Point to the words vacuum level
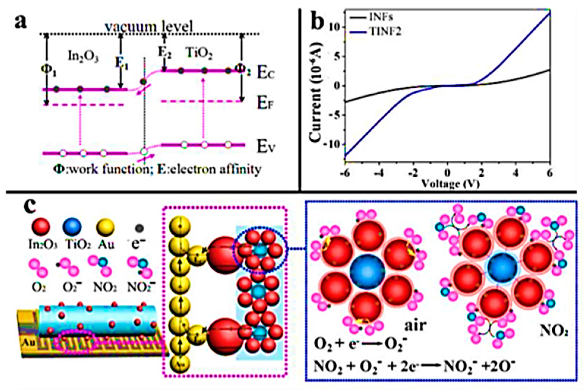pyautogui.click(x=149, y=27)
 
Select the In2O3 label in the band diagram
pyautogui.click(x=83, y=56)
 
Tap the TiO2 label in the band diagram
pyautogui.click(x=200, y=53)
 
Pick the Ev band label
pyautogui.click(x=265, y=147)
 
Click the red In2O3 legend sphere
pyautogui.click(x=41, y=227)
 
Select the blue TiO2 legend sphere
pyautogui.click(x=72, y=227)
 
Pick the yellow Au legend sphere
pyautogui.click(x=105, y=227)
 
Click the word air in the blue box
pyautogui.click(x=415, y=325)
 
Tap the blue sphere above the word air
pyautogui.click(x=367, y=271)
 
